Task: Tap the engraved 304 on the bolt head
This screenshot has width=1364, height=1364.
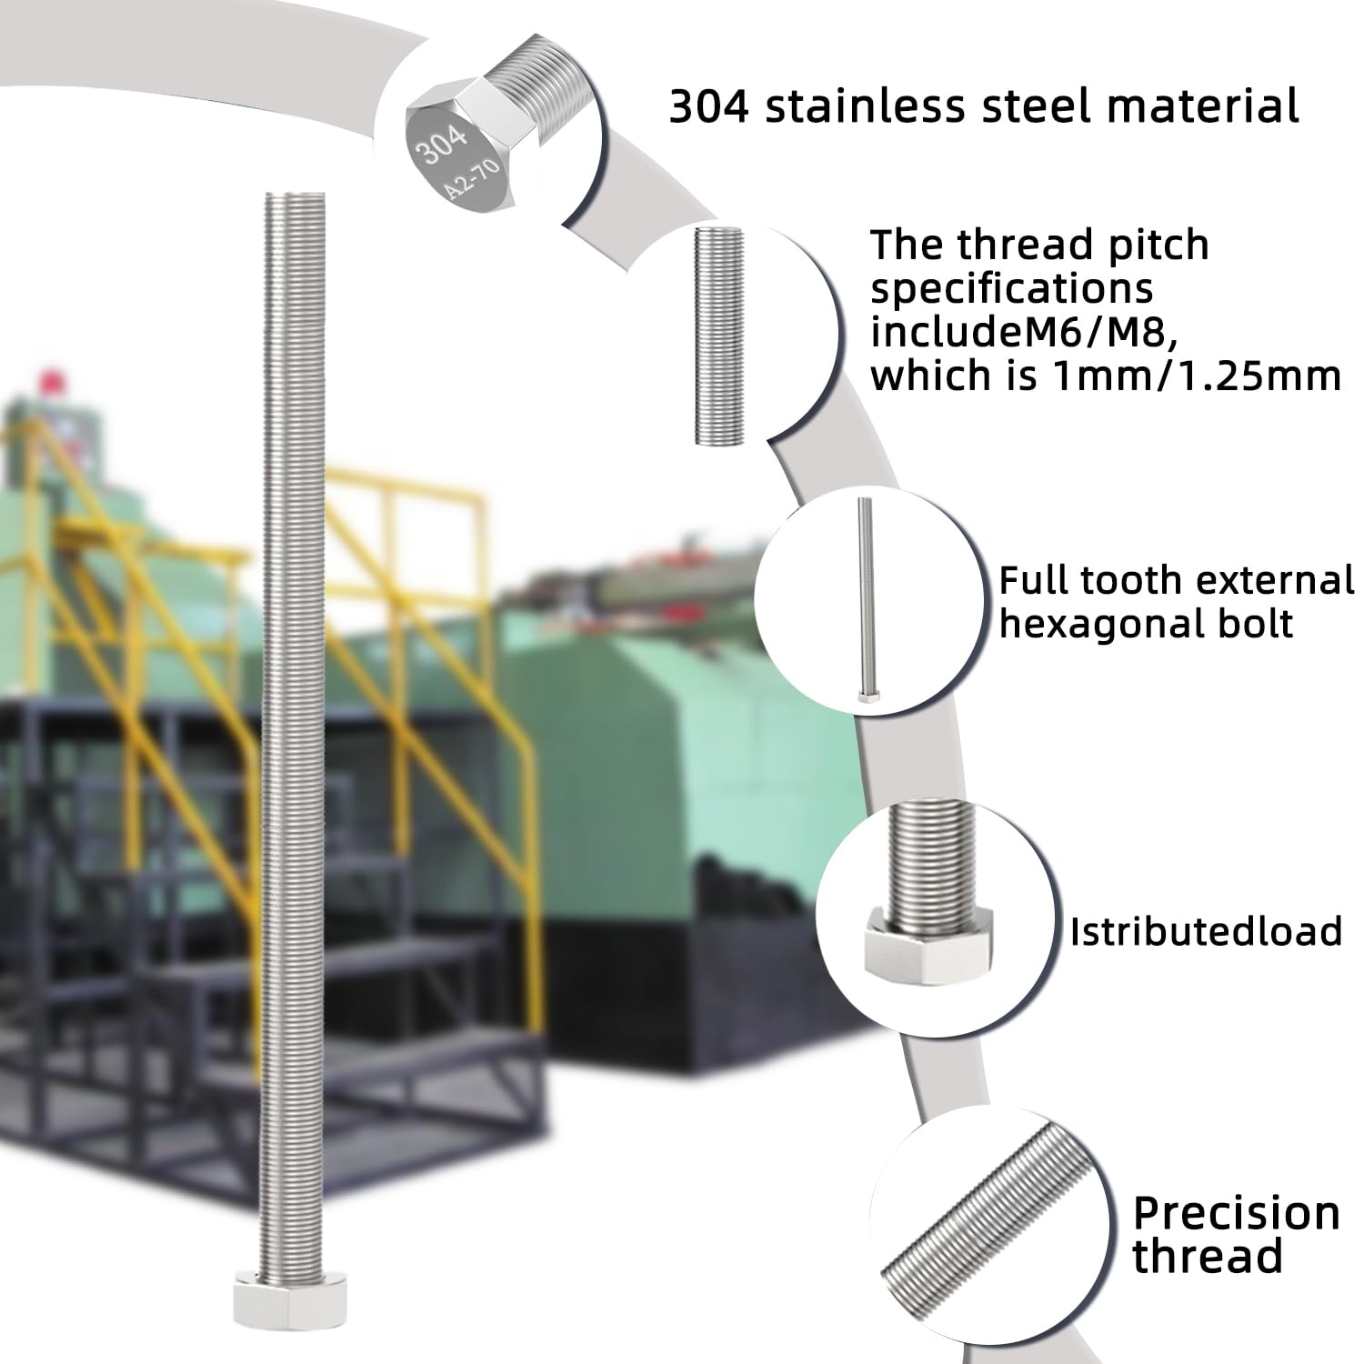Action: (x=443, y=144)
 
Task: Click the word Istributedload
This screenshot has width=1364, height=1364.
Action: (x=1206, y=932)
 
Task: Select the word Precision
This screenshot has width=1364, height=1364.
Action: (x=1237, y=1213)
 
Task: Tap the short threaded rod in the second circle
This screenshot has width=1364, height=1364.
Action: (x=719, y=336)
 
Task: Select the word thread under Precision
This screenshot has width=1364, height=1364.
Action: (x=1208, y=1256)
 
